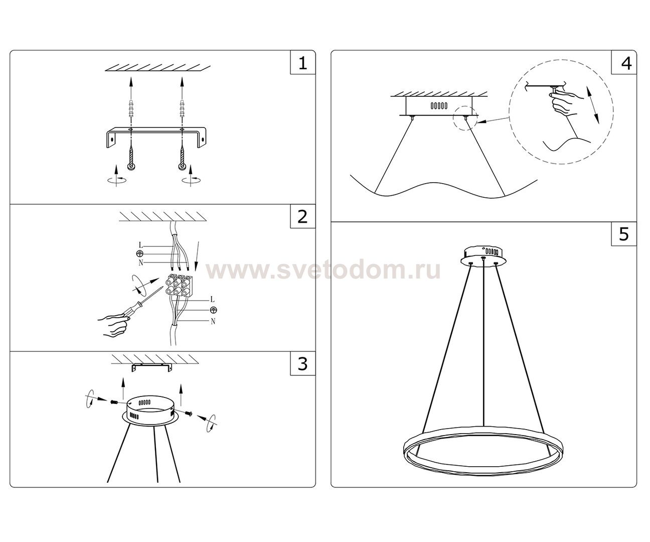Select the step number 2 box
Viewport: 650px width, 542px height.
pyautogui.click(x=302, y=217)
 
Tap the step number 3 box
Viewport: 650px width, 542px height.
pyautogui.click(x=302, y=364)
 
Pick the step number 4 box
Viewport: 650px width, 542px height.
pyautogui.click(x=624, y=63)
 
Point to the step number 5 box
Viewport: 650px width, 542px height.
pyautogui.click(x=624, y=234)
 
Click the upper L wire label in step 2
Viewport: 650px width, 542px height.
pyautogui.click(x=141, y=245)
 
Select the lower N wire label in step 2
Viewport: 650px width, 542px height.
pyautogui.click(x=213, y=321)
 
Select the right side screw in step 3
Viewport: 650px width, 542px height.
pyautogui.click(x=190, y=414)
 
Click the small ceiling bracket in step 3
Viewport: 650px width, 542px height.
pyautogui.click(x=150, y=368)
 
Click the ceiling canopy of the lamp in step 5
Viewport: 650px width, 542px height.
pyautogui.click(x=482, y=253)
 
